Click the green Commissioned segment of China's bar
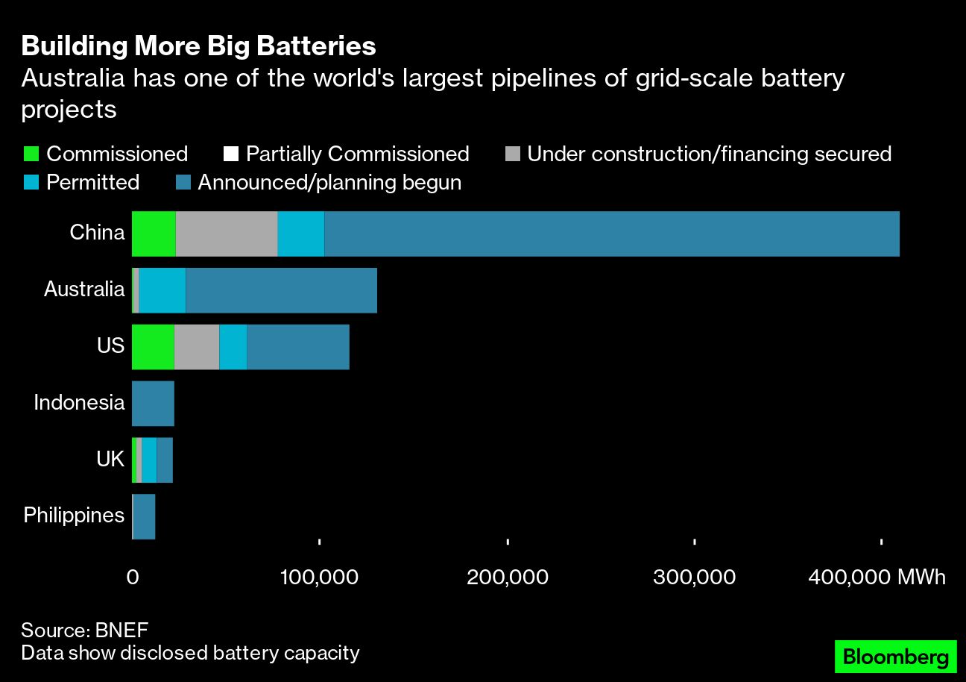point(154,234)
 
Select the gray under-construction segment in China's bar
point(227,234)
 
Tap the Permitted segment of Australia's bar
point(162,290)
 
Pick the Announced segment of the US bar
point(298,347)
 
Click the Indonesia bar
point(153,404)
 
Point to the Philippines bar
point(144,516)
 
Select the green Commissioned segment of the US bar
point(153,347)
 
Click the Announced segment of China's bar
point(611,234)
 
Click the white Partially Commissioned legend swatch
point(230,154)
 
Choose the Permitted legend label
point(92,183)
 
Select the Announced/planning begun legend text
point(329,183)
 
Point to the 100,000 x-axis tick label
point(319,578)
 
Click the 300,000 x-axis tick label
point(694,578)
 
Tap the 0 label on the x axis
point(133,578)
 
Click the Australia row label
point(84,290)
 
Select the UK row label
point(110,460)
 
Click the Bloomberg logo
point(894,658)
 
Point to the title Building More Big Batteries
point(198,46)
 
